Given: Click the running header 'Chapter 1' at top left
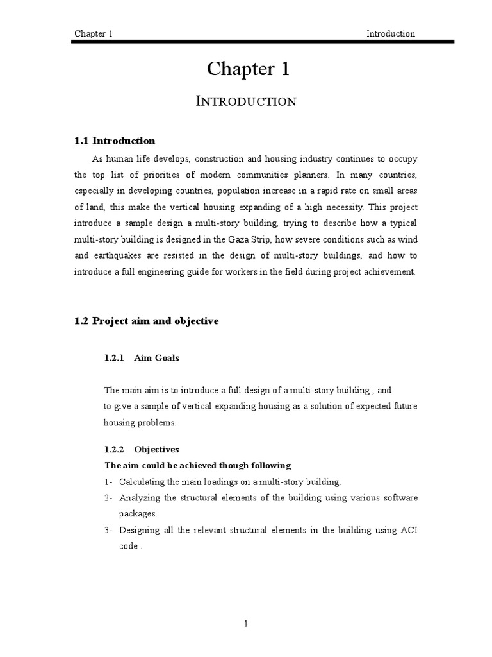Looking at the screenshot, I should coord(94,33).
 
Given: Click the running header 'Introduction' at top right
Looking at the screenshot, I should coord(390,33).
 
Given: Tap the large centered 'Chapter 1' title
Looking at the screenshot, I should coord(248,69).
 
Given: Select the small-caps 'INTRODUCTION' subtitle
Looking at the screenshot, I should coord(248,101).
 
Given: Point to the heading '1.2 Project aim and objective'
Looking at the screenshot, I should coord(146,321).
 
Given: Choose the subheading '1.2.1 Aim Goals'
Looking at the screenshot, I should coord(142,359).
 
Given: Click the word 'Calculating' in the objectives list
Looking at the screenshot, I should coord(142,481).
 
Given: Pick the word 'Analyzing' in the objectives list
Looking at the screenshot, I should coord(139,498).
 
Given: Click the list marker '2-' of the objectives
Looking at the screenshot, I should coord(108,498).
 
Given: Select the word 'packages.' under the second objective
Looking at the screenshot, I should coord(138,514).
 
